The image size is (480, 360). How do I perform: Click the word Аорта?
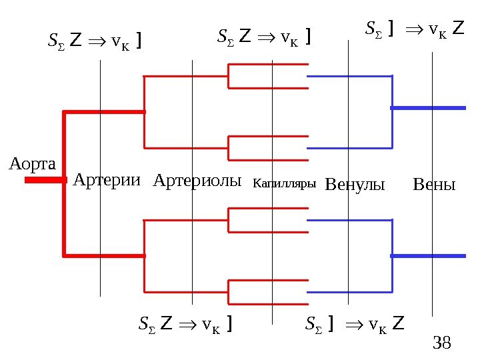click(x=33, y=163)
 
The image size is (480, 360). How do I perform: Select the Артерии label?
click(x=107, y=180)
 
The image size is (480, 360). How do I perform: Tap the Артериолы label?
click(x=197, y=180)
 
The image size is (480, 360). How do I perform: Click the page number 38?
click(x=442, y=344)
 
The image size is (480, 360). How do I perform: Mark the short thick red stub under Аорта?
click(x=45, y=180)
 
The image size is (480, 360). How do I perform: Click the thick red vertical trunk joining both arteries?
click(x=64, y=183)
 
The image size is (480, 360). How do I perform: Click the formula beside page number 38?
click(x=355, y=325)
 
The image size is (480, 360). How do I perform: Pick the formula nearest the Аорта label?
click(x=94, y=43)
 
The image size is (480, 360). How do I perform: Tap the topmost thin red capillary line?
click(x=268, y=65)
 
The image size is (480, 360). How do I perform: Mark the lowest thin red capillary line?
click(x=268, y=304)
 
